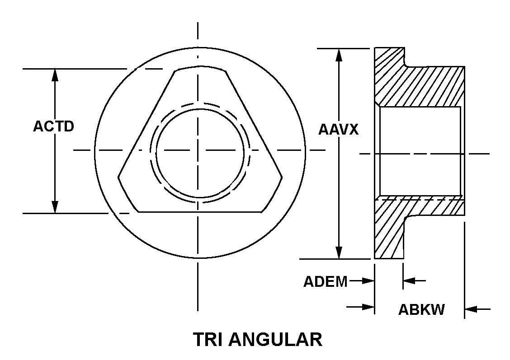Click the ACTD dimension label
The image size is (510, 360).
pos(53,126)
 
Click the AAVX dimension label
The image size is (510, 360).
pos(338,130)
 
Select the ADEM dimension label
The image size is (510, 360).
pos(325,281)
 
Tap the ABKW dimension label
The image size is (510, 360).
pos(421,309)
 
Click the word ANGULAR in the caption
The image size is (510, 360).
pos(276,339)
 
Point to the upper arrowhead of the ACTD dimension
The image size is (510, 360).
pos(55,75)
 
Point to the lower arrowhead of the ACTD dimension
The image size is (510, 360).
pos(55,207)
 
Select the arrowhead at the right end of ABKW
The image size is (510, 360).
pos(471,309)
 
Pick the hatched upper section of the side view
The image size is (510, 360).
pos(420,86)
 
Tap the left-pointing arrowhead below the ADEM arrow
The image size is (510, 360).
pos(409,281)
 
